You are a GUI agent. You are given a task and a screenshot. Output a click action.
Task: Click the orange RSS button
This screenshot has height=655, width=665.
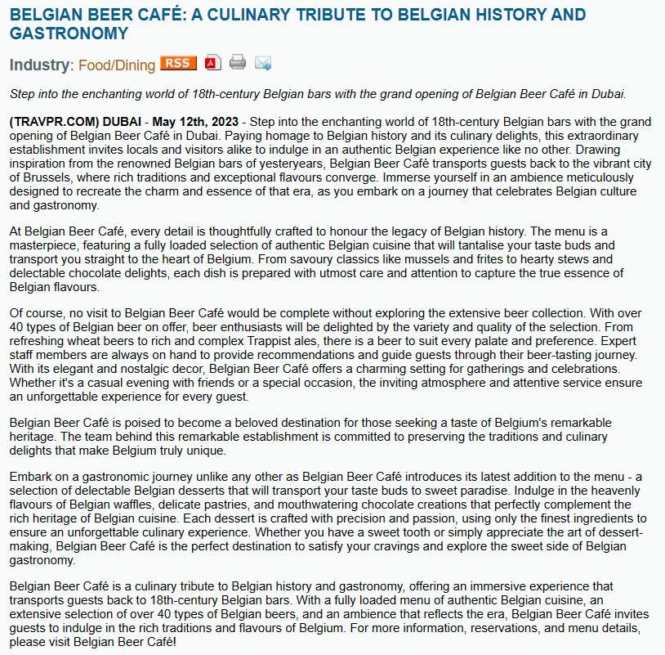(x=178, y=63)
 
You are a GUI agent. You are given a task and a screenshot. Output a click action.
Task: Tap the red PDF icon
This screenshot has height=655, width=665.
(x=212, y=63)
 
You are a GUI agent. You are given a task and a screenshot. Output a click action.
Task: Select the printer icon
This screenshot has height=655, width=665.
(x=237, y=63)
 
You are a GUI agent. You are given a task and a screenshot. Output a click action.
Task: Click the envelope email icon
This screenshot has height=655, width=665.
(x=263, y=63)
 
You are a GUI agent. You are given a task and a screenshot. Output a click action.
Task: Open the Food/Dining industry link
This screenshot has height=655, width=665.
(x=117, y=65)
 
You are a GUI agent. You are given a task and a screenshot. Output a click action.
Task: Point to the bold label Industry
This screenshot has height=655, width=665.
(x=39, y=65)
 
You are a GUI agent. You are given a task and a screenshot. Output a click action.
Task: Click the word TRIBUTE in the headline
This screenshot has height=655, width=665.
(x=341, y=15)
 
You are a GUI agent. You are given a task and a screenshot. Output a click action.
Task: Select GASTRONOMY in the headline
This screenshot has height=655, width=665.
(x=69, y=34)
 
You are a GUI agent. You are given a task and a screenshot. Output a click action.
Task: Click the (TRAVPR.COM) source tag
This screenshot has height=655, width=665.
(x=54, y=122)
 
